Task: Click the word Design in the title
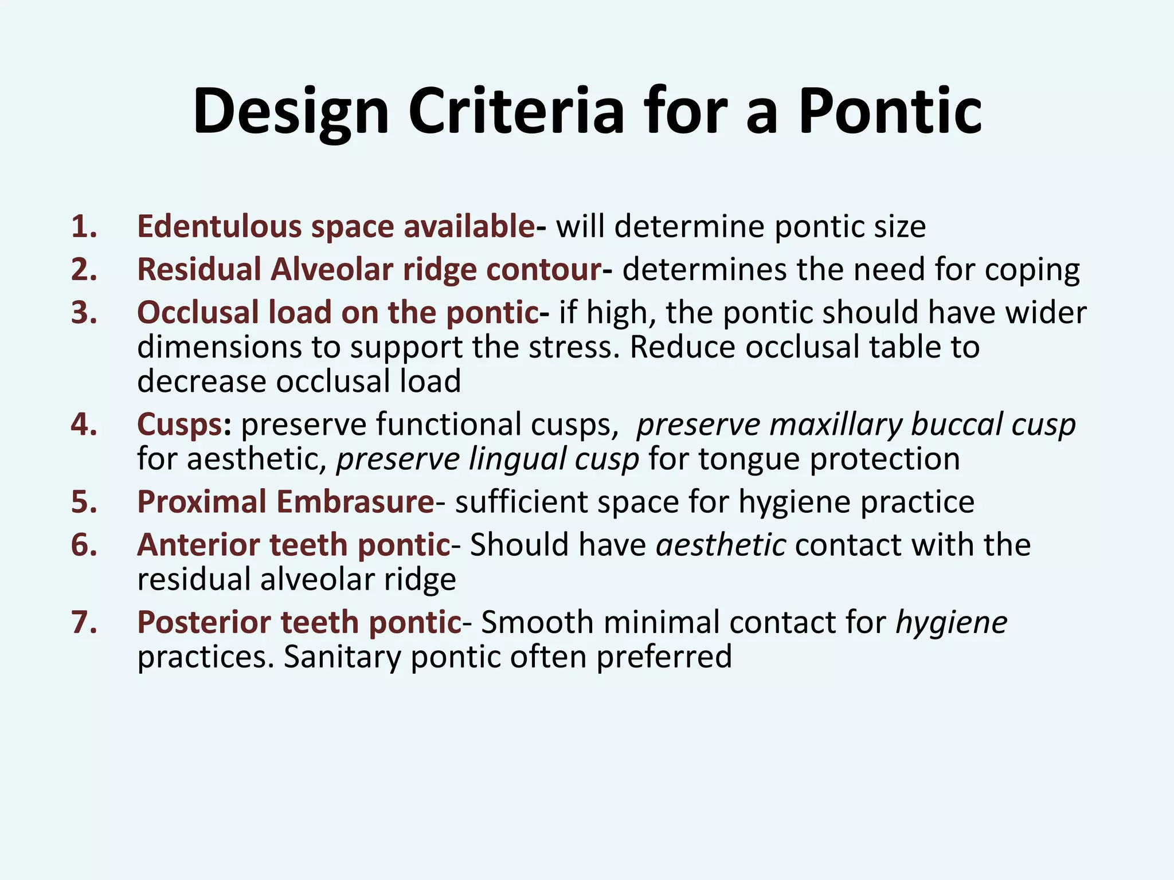[x=291, y=112]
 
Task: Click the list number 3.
[x=84, y=313]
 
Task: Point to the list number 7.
[x=84, y=622]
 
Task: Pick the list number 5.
[x=84, y=502]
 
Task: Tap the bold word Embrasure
[x=355, y=502]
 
